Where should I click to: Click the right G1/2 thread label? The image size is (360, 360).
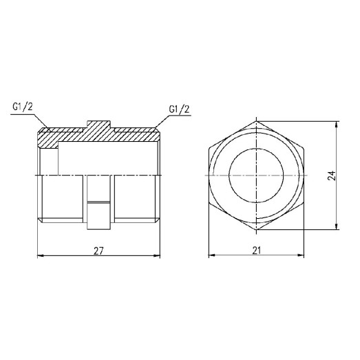pyautogui.click(x=179, y=109)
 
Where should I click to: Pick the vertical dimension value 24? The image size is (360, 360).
pyautogui.click(x=332, y=177)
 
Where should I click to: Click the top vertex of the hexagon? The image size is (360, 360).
pyautogui.click(x=257, y=123)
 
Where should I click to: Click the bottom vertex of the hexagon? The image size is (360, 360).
pyautogui.click(x=257, y=231)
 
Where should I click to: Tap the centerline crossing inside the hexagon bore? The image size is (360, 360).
pyautogui.click(x=257, y=177)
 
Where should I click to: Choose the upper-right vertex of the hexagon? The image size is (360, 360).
pyautogui.click(x=303, y=150)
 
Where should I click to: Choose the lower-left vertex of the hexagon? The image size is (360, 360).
pyautogui.click(x=211, y=204)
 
